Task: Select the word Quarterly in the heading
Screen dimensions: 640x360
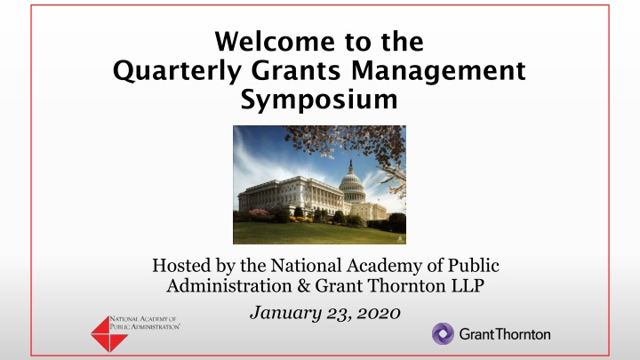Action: coord(177,71)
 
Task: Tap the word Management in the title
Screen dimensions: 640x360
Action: coord(438,71)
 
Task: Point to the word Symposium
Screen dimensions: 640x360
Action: coord(319,100)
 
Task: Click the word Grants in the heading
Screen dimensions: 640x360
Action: coord(295,70)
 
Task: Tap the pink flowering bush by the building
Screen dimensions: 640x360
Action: coord(258,212)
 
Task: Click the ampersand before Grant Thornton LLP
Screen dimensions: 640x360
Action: coord(304,285)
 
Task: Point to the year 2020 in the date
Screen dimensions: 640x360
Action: coord(379,314)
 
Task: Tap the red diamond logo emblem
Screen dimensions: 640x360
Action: coord(109,334)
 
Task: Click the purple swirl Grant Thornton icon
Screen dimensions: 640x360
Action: coord(443,334)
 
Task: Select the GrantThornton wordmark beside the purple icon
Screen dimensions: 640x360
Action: coord(505,334)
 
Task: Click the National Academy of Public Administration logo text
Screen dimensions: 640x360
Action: coord(145,323)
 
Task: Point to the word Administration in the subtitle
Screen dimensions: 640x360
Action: coord(229,285)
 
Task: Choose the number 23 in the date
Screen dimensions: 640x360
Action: coord(339,314)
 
